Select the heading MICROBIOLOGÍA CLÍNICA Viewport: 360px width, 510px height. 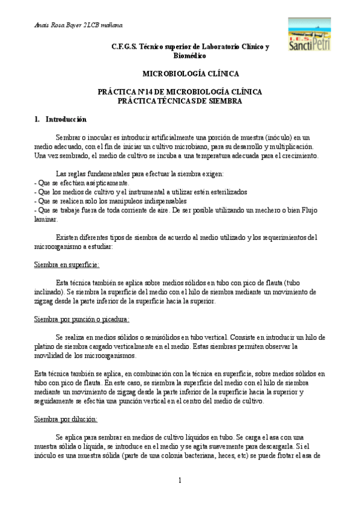click(x=190, y=74)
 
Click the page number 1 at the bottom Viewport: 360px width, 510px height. click(x=180, y=481)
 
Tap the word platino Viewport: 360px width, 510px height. click(x=47, y=346)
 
